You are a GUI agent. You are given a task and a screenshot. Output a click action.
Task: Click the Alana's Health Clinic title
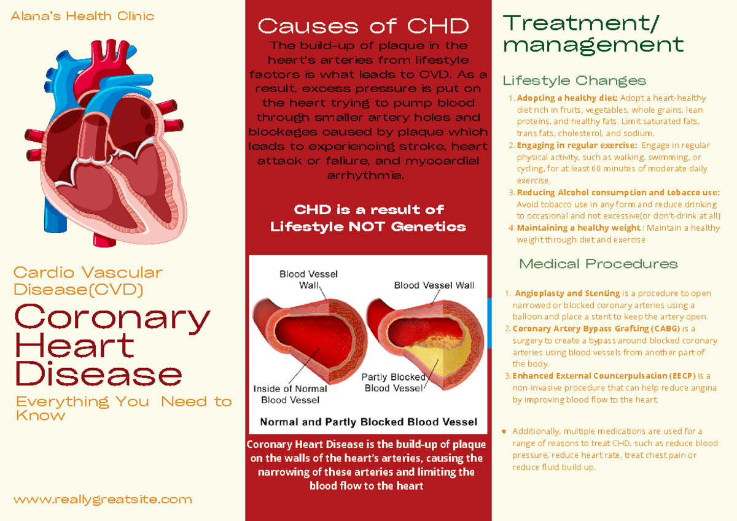[82, 17]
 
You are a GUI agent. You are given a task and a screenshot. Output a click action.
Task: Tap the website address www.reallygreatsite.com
[103, 500]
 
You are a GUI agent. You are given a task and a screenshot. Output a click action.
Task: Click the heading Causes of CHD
[363, 26]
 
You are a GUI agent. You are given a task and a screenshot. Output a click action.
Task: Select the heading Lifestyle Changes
[574, 81]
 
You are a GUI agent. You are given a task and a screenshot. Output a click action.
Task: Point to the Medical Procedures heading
[598, 264]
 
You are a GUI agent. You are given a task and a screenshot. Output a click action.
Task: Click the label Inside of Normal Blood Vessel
[290, 394]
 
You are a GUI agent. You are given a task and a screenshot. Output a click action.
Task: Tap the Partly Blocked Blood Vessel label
[394, 382]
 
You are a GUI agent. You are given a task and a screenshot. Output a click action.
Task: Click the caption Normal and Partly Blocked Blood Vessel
[368, 422]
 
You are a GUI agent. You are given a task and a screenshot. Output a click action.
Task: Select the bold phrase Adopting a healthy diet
[567, 98]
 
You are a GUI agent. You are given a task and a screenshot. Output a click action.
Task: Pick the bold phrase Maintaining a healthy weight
[570, 228]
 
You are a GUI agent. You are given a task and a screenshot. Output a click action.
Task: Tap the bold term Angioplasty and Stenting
[567, 293]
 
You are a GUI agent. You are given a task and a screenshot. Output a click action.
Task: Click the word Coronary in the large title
[112, 317]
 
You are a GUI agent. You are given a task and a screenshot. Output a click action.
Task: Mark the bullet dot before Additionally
[505, 431]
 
